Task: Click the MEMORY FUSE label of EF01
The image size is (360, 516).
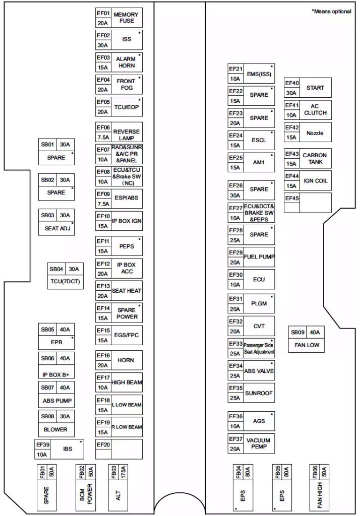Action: coord(126,18)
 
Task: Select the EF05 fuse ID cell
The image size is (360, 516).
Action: coord(103,102)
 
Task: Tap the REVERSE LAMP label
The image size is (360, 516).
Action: coord(127,135)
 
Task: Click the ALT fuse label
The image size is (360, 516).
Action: coord(118,496)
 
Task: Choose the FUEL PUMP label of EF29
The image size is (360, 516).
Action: coord(259,256)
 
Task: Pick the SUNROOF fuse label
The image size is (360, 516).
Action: coord(259,393)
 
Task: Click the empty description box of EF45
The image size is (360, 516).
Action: coord(315,203)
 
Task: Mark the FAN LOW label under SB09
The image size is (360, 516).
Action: coord(307,345)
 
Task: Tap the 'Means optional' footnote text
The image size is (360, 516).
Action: coord(331,12)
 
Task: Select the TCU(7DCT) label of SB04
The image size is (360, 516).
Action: coord(65,282)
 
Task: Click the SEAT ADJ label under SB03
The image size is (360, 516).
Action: coord(57,228)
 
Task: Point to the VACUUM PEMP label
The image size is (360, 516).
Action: coord(259,443)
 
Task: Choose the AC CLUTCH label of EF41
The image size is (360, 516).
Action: coord(315,109)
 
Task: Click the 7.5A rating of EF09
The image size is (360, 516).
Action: coord(103,204)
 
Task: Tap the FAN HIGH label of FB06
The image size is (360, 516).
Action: coord(320,495)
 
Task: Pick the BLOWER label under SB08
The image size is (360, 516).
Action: coord(55,429)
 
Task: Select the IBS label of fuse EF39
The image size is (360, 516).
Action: coord(68,449)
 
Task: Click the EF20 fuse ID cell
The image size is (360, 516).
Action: coord(103,444)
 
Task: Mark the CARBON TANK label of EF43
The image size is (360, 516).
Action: coord(315,159)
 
